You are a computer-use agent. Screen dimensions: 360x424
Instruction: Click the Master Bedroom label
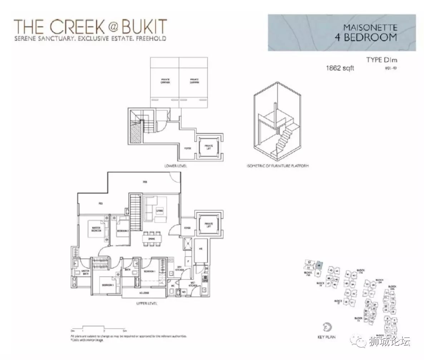95,229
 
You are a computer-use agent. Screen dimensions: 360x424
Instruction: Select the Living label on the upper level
159,211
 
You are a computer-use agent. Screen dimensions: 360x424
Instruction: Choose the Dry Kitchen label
180,269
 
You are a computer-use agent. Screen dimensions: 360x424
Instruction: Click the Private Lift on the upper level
208,224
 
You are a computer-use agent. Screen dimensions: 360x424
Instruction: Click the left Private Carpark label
165,81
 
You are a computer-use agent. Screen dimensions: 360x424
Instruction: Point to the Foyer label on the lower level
187,148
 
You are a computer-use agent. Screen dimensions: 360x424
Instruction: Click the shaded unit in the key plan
319,265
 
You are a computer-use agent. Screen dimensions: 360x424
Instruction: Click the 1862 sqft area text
340,68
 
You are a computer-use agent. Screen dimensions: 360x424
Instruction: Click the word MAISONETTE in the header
370,27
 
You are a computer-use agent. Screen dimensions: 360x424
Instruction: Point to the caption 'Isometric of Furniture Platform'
277,166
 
